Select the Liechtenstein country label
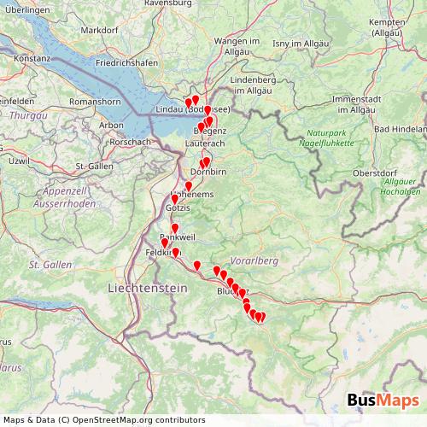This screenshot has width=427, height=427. tap(147, 290)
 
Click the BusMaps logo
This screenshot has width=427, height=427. tap(383, 401)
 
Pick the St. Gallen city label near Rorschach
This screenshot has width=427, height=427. tap(95, 166)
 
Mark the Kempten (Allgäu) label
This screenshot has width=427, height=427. tap(399, 26)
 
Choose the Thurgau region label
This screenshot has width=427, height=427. tap(28, 114)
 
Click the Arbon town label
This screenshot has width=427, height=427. tap(112, 125)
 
